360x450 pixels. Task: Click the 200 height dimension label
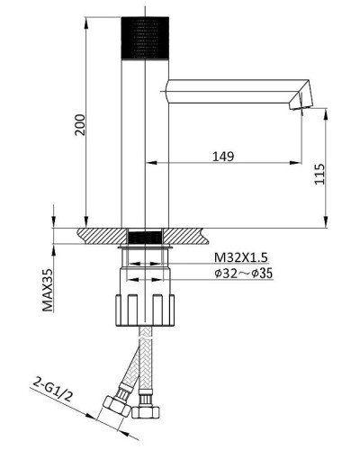[80, 125]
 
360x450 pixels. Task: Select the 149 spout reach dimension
[223, 157]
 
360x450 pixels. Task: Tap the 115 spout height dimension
[319, 174]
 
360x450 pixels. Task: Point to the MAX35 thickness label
[48, 290]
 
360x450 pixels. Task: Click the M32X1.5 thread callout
[240, 257]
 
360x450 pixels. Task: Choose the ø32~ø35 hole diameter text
[243, 274]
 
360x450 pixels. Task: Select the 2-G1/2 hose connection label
[53, 389]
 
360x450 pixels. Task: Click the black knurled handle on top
[145, 38]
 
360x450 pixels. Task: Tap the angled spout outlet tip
[301, 102]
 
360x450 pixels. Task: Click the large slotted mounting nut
[145, 310]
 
